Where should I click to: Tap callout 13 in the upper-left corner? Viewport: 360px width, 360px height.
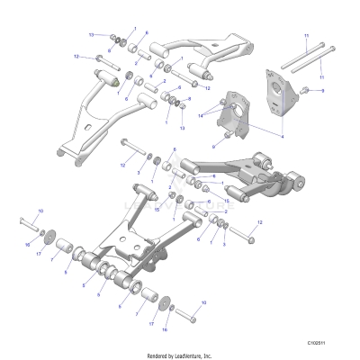point(91,34)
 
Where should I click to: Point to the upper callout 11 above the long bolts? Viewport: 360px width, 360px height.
point(306,35)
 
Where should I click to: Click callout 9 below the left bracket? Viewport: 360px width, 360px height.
point(213,145)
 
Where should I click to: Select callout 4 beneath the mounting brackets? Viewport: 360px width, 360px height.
point(283,137)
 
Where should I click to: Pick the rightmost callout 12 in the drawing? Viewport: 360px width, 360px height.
point(259,221)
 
